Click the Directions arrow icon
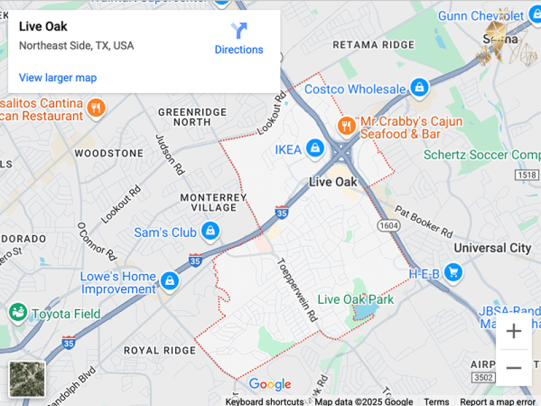[x=239, y=31]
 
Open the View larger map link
[x=57, y=78]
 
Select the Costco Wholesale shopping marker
[x=420, y=88]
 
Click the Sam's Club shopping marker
[x=211, y=231]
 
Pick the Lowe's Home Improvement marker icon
[x=169, y=280]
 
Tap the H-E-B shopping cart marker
[x=454, y=273]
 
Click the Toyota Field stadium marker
[x=17, y=313]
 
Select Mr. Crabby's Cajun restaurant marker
[x=346, y=126]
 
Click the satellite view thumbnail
[x=27, y=378]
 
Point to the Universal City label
[x=492, y=248]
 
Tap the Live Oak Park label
[x=356, y=299]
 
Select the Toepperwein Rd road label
[x=297, y=289]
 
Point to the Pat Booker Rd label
[x=424, y=222]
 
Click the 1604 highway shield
[x=388, y=225]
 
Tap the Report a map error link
[x=497, y=401]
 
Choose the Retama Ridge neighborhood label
[x=373, y=45]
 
